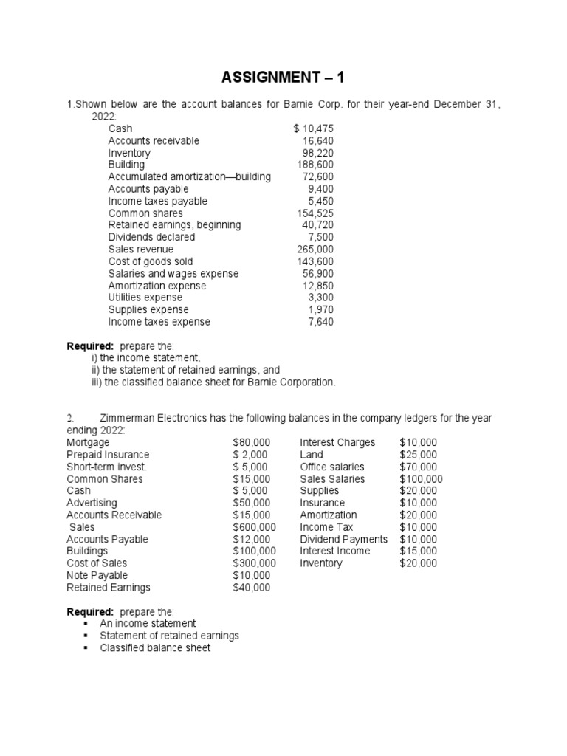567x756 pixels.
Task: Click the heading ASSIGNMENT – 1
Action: point(283,77)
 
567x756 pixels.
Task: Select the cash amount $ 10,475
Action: point(313,128)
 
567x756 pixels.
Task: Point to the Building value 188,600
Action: point(315,165)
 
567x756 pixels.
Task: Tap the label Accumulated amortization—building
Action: point(189,177)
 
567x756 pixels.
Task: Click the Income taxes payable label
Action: point(157,201)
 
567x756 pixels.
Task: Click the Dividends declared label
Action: point(151,237)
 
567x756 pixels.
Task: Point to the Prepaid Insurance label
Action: point(108,455)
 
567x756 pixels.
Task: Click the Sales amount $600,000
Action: point(254,527)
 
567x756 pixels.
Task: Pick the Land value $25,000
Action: point(418,455)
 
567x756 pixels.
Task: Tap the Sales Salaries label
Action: point(332,478)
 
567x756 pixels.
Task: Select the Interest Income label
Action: point(335,551)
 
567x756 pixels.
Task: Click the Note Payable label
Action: point(97,575)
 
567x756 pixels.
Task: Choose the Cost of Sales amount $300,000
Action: point(254,563)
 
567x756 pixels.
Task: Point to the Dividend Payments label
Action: point(343,539)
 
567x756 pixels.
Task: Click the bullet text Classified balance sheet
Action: point(155,647)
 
